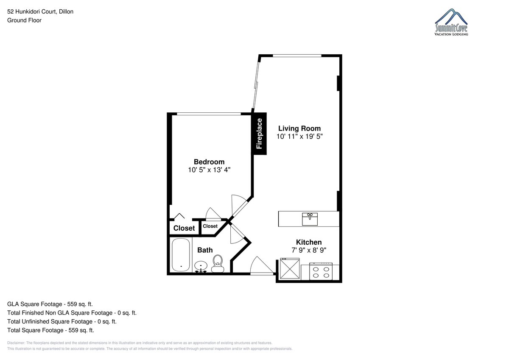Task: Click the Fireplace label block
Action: click(x=259, y=134)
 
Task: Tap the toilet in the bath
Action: click(x=218, y=263)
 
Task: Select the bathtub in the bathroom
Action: click(x=181, y=254)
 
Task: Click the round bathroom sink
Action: click(x=201, y=266)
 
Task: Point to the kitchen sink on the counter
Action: click(x=310, y=219)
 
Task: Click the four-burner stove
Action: click(x=321, y=271)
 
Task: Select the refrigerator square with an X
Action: click(x=290, y=268)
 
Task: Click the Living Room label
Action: click(x=299, y=128)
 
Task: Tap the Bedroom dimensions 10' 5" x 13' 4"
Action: click(x=209, y=170)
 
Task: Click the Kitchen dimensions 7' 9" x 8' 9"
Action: click(x=309, y=250)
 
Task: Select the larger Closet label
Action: click(x=184, y=228)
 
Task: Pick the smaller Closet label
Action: click(x=210, y=226)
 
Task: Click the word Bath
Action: click(x=205, y=250)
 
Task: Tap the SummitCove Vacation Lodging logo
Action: click(x=451, y=22)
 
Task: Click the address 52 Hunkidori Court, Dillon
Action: click(x=40, y=11)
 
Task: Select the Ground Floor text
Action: click(x=24, y=20)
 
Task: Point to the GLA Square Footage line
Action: click(x=50, y=304)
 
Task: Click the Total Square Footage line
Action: click(x=50, y=330)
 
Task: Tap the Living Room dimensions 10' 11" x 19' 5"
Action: click(x=299, y=136)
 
